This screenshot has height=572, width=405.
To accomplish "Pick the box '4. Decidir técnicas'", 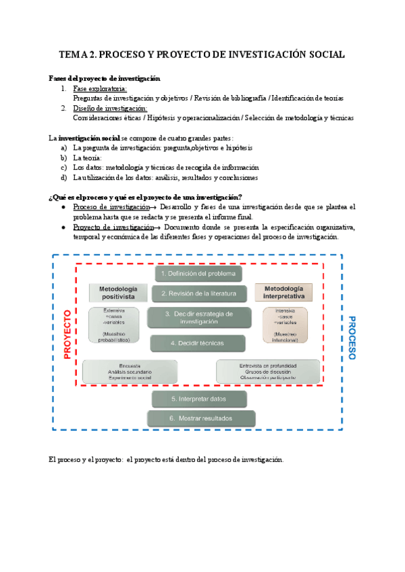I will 198,343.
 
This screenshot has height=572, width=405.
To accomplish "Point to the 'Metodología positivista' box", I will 113,292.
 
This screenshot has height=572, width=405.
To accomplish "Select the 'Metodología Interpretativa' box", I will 283,292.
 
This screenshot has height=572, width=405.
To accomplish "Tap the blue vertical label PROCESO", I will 352,337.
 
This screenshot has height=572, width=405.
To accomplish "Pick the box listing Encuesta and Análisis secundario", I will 130,372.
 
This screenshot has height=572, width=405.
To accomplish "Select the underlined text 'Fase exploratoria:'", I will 100,89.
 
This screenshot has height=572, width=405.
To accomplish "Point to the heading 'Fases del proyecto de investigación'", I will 105,78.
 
